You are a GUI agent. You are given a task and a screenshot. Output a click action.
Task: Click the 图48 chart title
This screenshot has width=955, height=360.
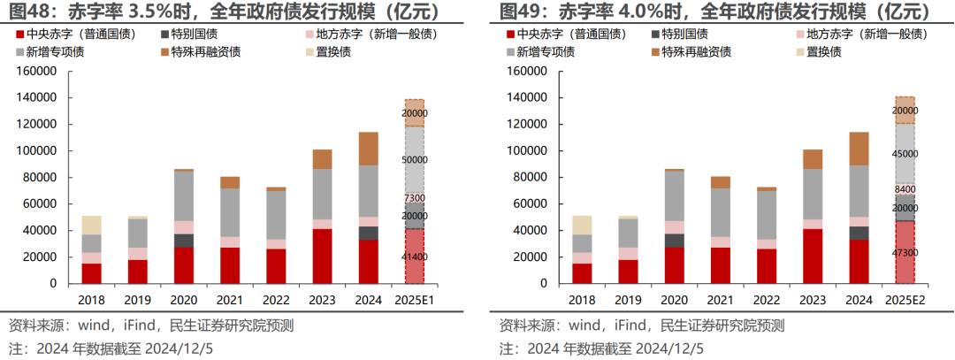tap(225, 11)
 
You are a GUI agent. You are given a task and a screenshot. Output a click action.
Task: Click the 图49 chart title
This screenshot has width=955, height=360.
tap(714, 11)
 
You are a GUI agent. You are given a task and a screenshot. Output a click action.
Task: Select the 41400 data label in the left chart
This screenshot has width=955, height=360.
tap(414, 257)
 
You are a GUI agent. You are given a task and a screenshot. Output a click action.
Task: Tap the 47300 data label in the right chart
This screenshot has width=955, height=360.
tap(904, 253)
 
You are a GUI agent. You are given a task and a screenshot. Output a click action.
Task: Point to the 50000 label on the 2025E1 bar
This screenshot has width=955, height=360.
tap(414, 160)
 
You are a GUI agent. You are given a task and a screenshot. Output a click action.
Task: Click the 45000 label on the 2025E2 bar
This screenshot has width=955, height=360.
tap(904, 154)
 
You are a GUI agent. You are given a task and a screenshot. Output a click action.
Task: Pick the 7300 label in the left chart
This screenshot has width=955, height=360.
tap(414, 198)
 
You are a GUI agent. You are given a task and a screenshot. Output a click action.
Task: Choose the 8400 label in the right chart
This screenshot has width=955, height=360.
tap(904, 189)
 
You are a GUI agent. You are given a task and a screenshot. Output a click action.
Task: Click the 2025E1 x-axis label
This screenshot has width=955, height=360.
tap(414, 301)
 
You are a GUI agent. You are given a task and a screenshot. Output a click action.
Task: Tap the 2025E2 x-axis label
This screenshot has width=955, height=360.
tap(904, 301)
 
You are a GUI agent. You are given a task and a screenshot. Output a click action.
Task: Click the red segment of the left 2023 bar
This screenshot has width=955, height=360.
tap(322, 257)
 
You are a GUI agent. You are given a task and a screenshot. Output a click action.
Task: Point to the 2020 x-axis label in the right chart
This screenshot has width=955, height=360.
tap(675, 301)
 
